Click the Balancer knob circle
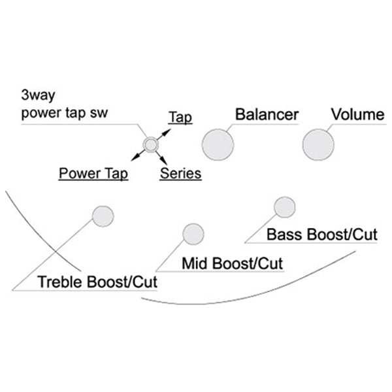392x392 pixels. (218, 144)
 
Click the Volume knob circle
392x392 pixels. (318, 143)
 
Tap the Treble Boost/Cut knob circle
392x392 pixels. (103, 216)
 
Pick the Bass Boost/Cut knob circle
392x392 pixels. (284, 206)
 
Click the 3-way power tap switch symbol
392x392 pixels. (151, 144)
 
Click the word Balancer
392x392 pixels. (267, 115)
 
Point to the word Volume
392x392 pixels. (357, 115)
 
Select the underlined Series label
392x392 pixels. (180, 174)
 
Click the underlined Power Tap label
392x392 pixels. (93, 174)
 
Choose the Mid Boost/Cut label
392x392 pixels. (233, 264)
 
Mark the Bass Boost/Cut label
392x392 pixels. (322, 234)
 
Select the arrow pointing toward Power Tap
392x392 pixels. (137, 155)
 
